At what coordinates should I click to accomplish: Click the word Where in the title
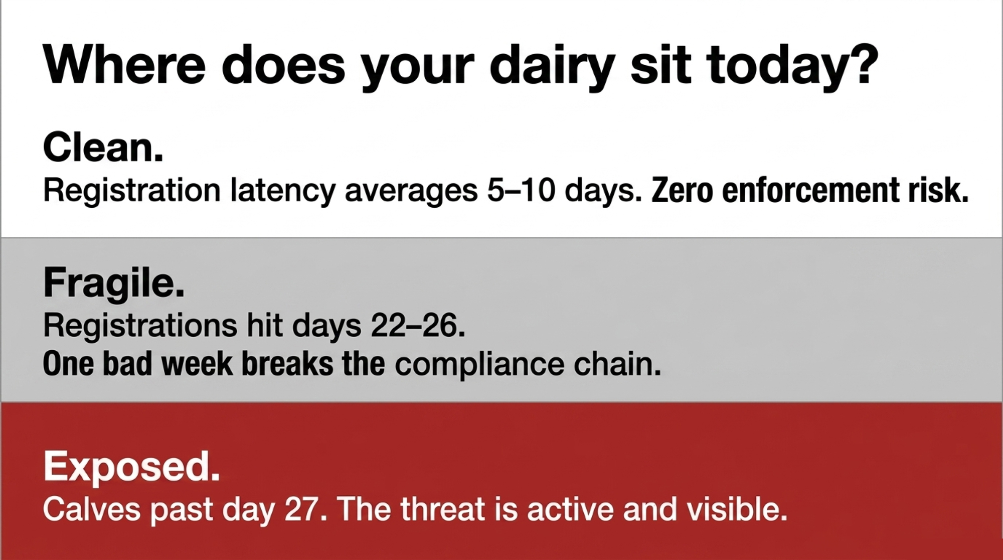[x=124, y=65]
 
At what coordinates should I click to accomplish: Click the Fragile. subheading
[x=114, y=284]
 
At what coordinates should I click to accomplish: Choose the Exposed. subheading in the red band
[x=131, y=467]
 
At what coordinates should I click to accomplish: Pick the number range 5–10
[x=521, y=191]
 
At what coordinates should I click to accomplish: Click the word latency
[x=283, y=192]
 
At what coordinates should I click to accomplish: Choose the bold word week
[x=197, y=364]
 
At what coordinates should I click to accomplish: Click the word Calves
[x=92, y=509]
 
